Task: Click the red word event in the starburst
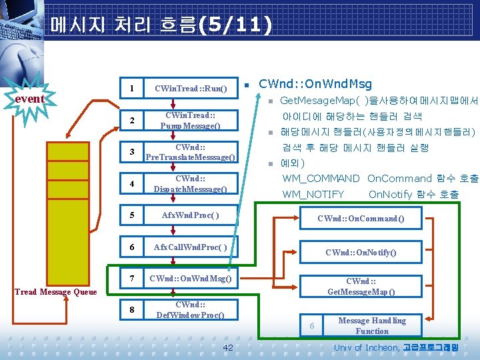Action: click(x=29, y=99)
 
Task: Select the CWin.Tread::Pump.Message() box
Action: click(x=191, y=121)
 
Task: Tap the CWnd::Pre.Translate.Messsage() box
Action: click(x=191, y=152)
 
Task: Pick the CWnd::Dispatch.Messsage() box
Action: click(x=191, y=183)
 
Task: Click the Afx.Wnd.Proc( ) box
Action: click(x=191, y=215)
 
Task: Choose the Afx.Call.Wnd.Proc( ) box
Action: click(x=191, y=247)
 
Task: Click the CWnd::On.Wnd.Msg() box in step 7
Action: click(x=191, y=279)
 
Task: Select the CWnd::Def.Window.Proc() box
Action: click(x=191, y=310)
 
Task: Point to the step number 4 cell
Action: click(x=133, y=183)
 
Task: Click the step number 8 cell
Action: click(x=133, y=310)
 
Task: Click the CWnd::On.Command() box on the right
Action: click(x=361, y=219)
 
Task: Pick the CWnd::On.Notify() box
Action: click(x=361, y=252)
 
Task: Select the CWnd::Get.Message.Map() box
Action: click(x=361, y=287)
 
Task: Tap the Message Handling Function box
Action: click(x=371, y=326)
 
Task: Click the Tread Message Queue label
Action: click(x=56, y=291)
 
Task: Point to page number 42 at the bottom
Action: click(x=228, y=348)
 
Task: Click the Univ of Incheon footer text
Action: click(x=366, y=348)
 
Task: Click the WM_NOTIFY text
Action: click(x=313, y=195)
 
